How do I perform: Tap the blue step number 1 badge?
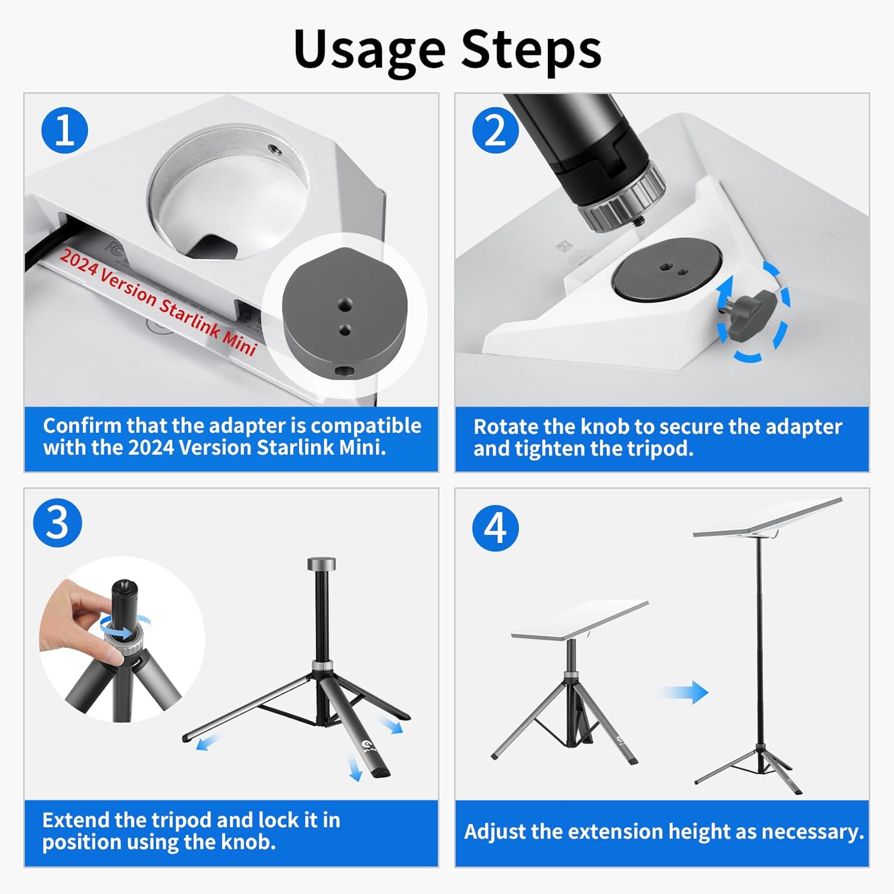coord(65,131)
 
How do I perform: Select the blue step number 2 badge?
coord(496,130)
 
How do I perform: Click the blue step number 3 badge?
coord(57,523)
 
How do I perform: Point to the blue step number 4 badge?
coord(496,527)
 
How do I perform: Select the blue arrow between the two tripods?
coord(684,692)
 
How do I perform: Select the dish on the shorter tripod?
coord(580,621)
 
